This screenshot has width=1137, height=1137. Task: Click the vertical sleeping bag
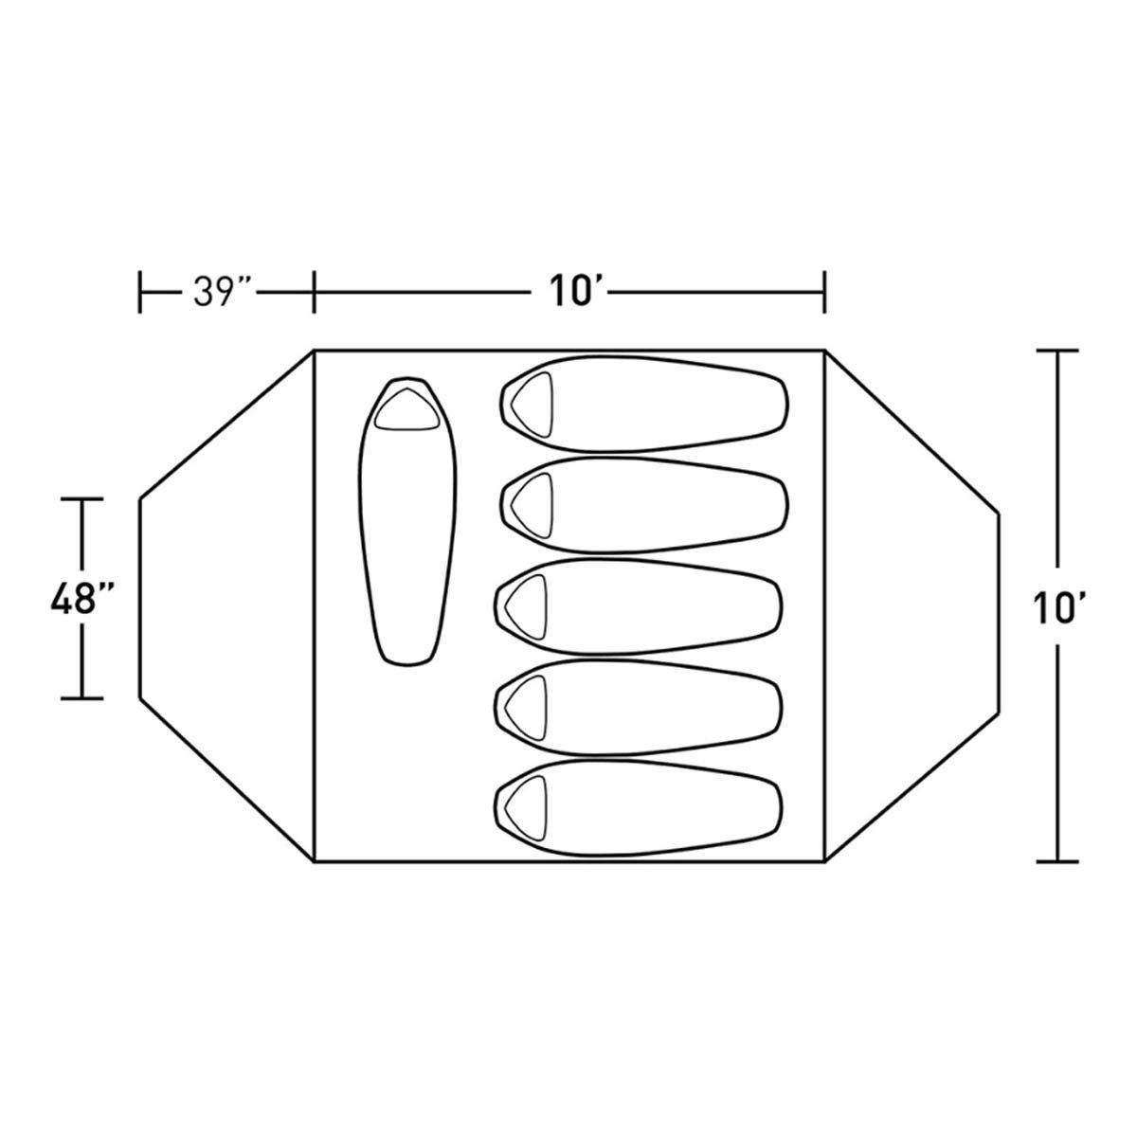tap(407, 521)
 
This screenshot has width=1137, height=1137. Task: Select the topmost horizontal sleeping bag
tap(643, 406)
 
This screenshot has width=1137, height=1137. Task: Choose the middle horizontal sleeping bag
tap(638, 606)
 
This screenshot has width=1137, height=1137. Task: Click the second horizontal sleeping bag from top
tap(643, 505)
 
